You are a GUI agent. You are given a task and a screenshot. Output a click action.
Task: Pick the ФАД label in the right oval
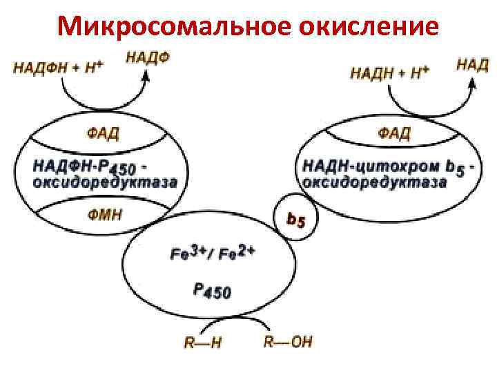point(394,133)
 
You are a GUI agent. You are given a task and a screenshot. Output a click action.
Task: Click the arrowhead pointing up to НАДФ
point(146,77)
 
